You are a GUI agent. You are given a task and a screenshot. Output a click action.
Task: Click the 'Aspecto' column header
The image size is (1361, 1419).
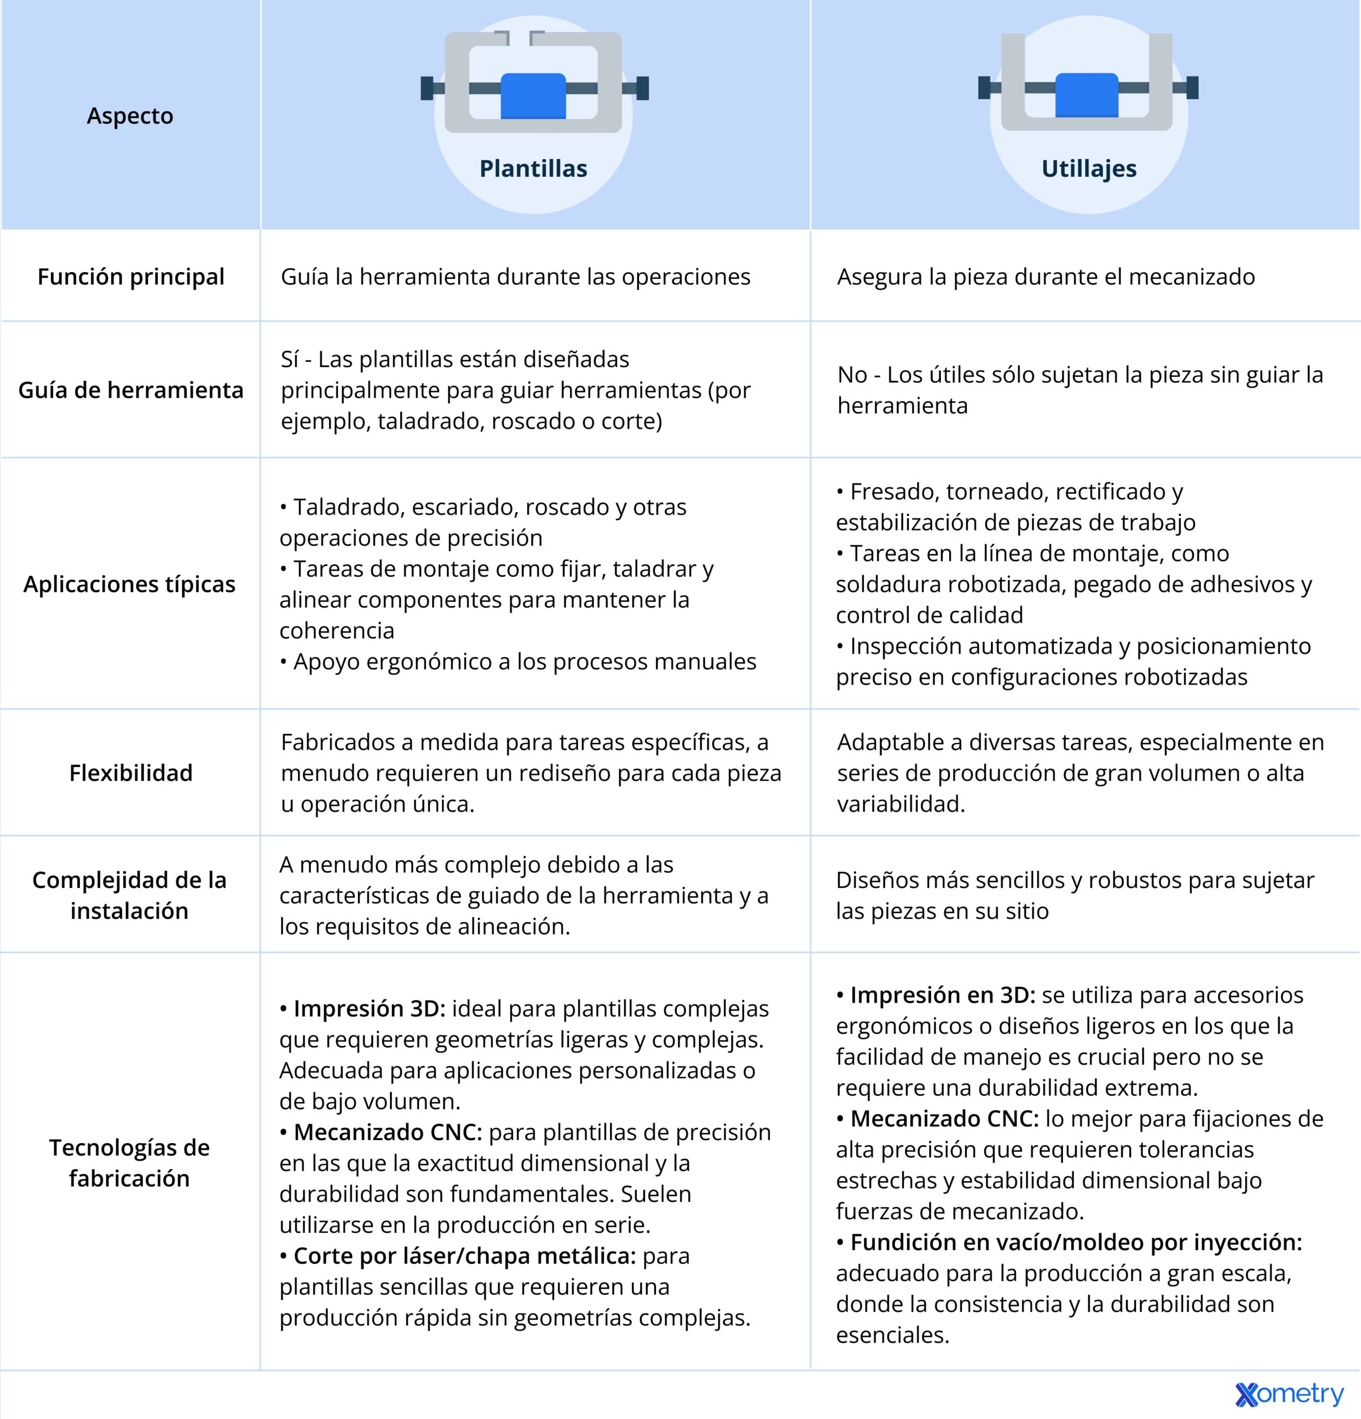(130, 116)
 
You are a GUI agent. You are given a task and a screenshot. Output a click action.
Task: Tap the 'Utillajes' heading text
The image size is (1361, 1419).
(1089, 169)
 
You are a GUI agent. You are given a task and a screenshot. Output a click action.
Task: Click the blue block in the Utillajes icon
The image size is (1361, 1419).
(1087, 95)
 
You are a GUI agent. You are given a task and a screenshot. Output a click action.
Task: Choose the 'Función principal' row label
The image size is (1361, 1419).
(131, 277)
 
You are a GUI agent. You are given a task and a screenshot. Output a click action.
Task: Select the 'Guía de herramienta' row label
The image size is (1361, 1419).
(131, 390)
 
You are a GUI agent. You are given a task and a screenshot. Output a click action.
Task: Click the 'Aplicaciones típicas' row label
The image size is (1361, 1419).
(130, 584)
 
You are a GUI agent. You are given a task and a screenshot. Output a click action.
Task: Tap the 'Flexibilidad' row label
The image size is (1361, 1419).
(131, 773)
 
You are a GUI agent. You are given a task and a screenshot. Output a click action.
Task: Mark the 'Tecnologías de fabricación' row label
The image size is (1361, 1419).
(130, 1163)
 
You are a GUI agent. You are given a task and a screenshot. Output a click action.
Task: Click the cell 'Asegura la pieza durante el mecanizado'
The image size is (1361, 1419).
(1045, 277)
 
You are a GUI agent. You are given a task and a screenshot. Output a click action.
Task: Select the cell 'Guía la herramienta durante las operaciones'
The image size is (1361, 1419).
(515, 277)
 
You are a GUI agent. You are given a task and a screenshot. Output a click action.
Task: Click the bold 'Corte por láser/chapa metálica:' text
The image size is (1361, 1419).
(464, 1256)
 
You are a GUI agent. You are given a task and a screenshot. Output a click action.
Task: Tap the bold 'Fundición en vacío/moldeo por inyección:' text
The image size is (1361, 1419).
(1076, 1242)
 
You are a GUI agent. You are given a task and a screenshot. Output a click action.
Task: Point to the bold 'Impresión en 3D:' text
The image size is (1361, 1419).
(943, 995)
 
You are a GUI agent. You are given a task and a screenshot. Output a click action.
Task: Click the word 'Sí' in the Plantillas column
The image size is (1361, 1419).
(290, 359)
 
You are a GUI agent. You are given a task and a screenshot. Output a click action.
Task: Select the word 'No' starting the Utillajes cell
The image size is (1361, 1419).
(852, 375)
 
